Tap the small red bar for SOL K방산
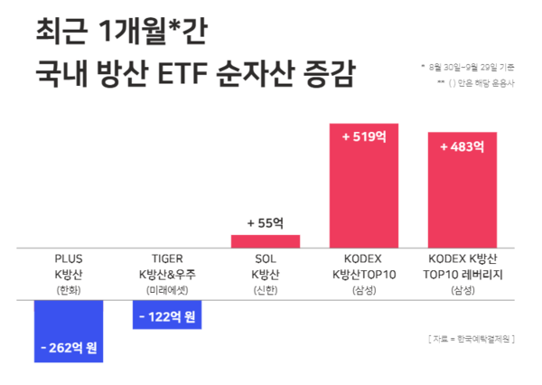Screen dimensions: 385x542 pyautogui.click(x=266, y=240)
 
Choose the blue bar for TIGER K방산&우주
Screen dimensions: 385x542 pyautogui.click(x=167, y=315)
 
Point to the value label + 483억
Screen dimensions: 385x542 pyautogui.click(x=462, y=146)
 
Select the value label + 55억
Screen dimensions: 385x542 pyautogui.click(x=266, y=221)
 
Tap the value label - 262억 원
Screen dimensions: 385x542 pyautogui.click(x=69, y=347)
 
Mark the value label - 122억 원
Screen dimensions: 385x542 pyautogui.click(x=167, y=316)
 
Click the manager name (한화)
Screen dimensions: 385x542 pyautogui.click(x=69, y=289)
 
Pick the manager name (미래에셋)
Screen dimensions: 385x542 pyautogui.click(x=167, y=289)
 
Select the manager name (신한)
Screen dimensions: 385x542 pyautogui.click(x=266, y=289)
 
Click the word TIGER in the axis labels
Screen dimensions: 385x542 pyautogui.click(x=167, y=258)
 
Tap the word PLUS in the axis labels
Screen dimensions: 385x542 pyautogui.click(x=69, y=258)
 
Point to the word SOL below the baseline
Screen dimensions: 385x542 pyautogui.click(x=266, y=258)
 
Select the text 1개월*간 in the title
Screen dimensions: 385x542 pyautogui.click(x=151, y=30)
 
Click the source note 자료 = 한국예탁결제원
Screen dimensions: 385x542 pyautogui.click(x=471, y=338)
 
